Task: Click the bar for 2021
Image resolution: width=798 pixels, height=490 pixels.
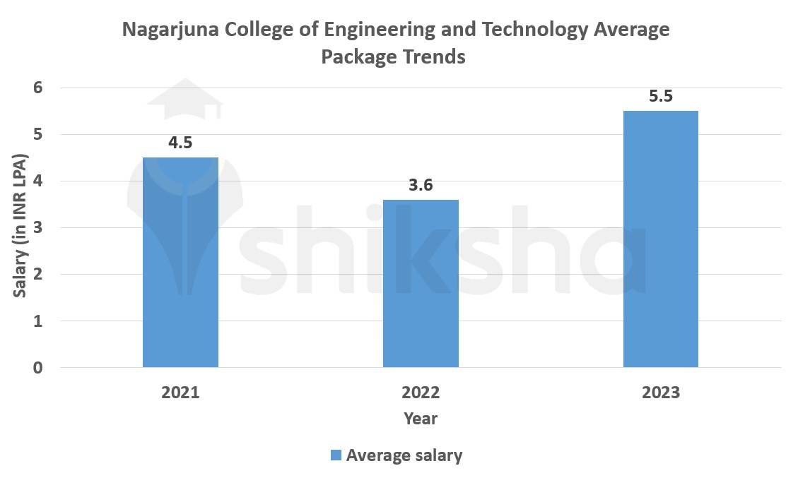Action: click(x=180, y=262)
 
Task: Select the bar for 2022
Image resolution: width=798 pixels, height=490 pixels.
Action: click(x=421, y=283)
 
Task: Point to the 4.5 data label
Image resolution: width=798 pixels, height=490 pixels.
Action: click(x=180, y=143)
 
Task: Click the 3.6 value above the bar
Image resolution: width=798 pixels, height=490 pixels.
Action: click(x=421, y=185)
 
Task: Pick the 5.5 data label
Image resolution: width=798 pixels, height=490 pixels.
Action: click(x=661, y=96)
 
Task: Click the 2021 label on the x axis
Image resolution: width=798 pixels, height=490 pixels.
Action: click(x=180, y=393)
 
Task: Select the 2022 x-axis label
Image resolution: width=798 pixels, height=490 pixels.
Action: click(x=421, y=393)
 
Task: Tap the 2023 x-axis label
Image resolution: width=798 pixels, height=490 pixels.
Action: click(x=661, y=393)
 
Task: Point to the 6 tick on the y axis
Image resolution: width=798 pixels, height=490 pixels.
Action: click(x=37, y=88)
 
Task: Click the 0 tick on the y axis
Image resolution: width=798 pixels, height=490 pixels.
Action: click(x=37, y=368)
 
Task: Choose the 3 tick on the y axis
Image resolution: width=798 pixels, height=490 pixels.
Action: click(x=37, y=228)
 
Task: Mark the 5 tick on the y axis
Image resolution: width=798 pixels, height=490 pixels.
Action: click(x=37, y=134)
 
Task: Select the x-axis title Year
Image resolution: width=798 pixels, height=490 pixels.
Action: click(x=421, y=419)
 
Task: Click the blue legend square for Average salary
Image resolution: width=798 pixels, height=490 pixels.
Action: click(x=336, y=455)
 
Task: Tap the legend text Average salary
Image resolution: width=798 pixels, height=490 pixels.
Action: click(x=404, y=455)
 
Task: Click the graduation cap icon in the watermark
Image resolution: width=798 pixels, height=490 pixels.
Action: click(x=184, y=99)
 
